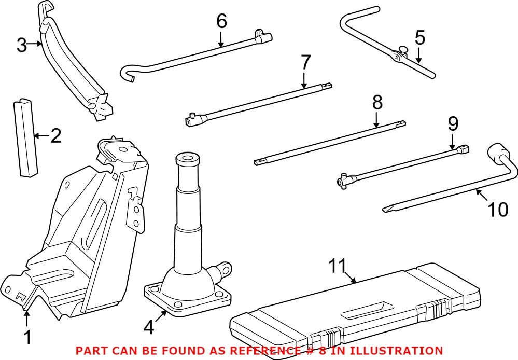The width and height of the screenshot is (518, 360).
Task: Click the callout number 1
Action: coord(27,338)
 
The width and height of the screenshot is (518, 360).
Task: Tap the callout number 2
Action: coord(55,136)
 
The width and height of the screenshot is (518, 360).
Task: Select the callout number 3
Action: coord(21,45)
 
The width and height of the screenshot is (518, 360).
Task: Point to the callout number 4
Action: coord(149,327)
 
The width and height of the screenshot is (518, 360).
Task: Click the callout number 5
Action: coord(419,38)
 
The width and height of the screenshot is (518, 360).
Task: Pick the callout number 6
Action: coord(221,21)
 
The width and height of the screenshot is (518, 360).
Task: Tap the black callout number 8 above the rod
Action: coord(377,103)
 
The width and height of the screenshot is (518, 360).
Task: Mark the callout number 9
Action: coord(453,123)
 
